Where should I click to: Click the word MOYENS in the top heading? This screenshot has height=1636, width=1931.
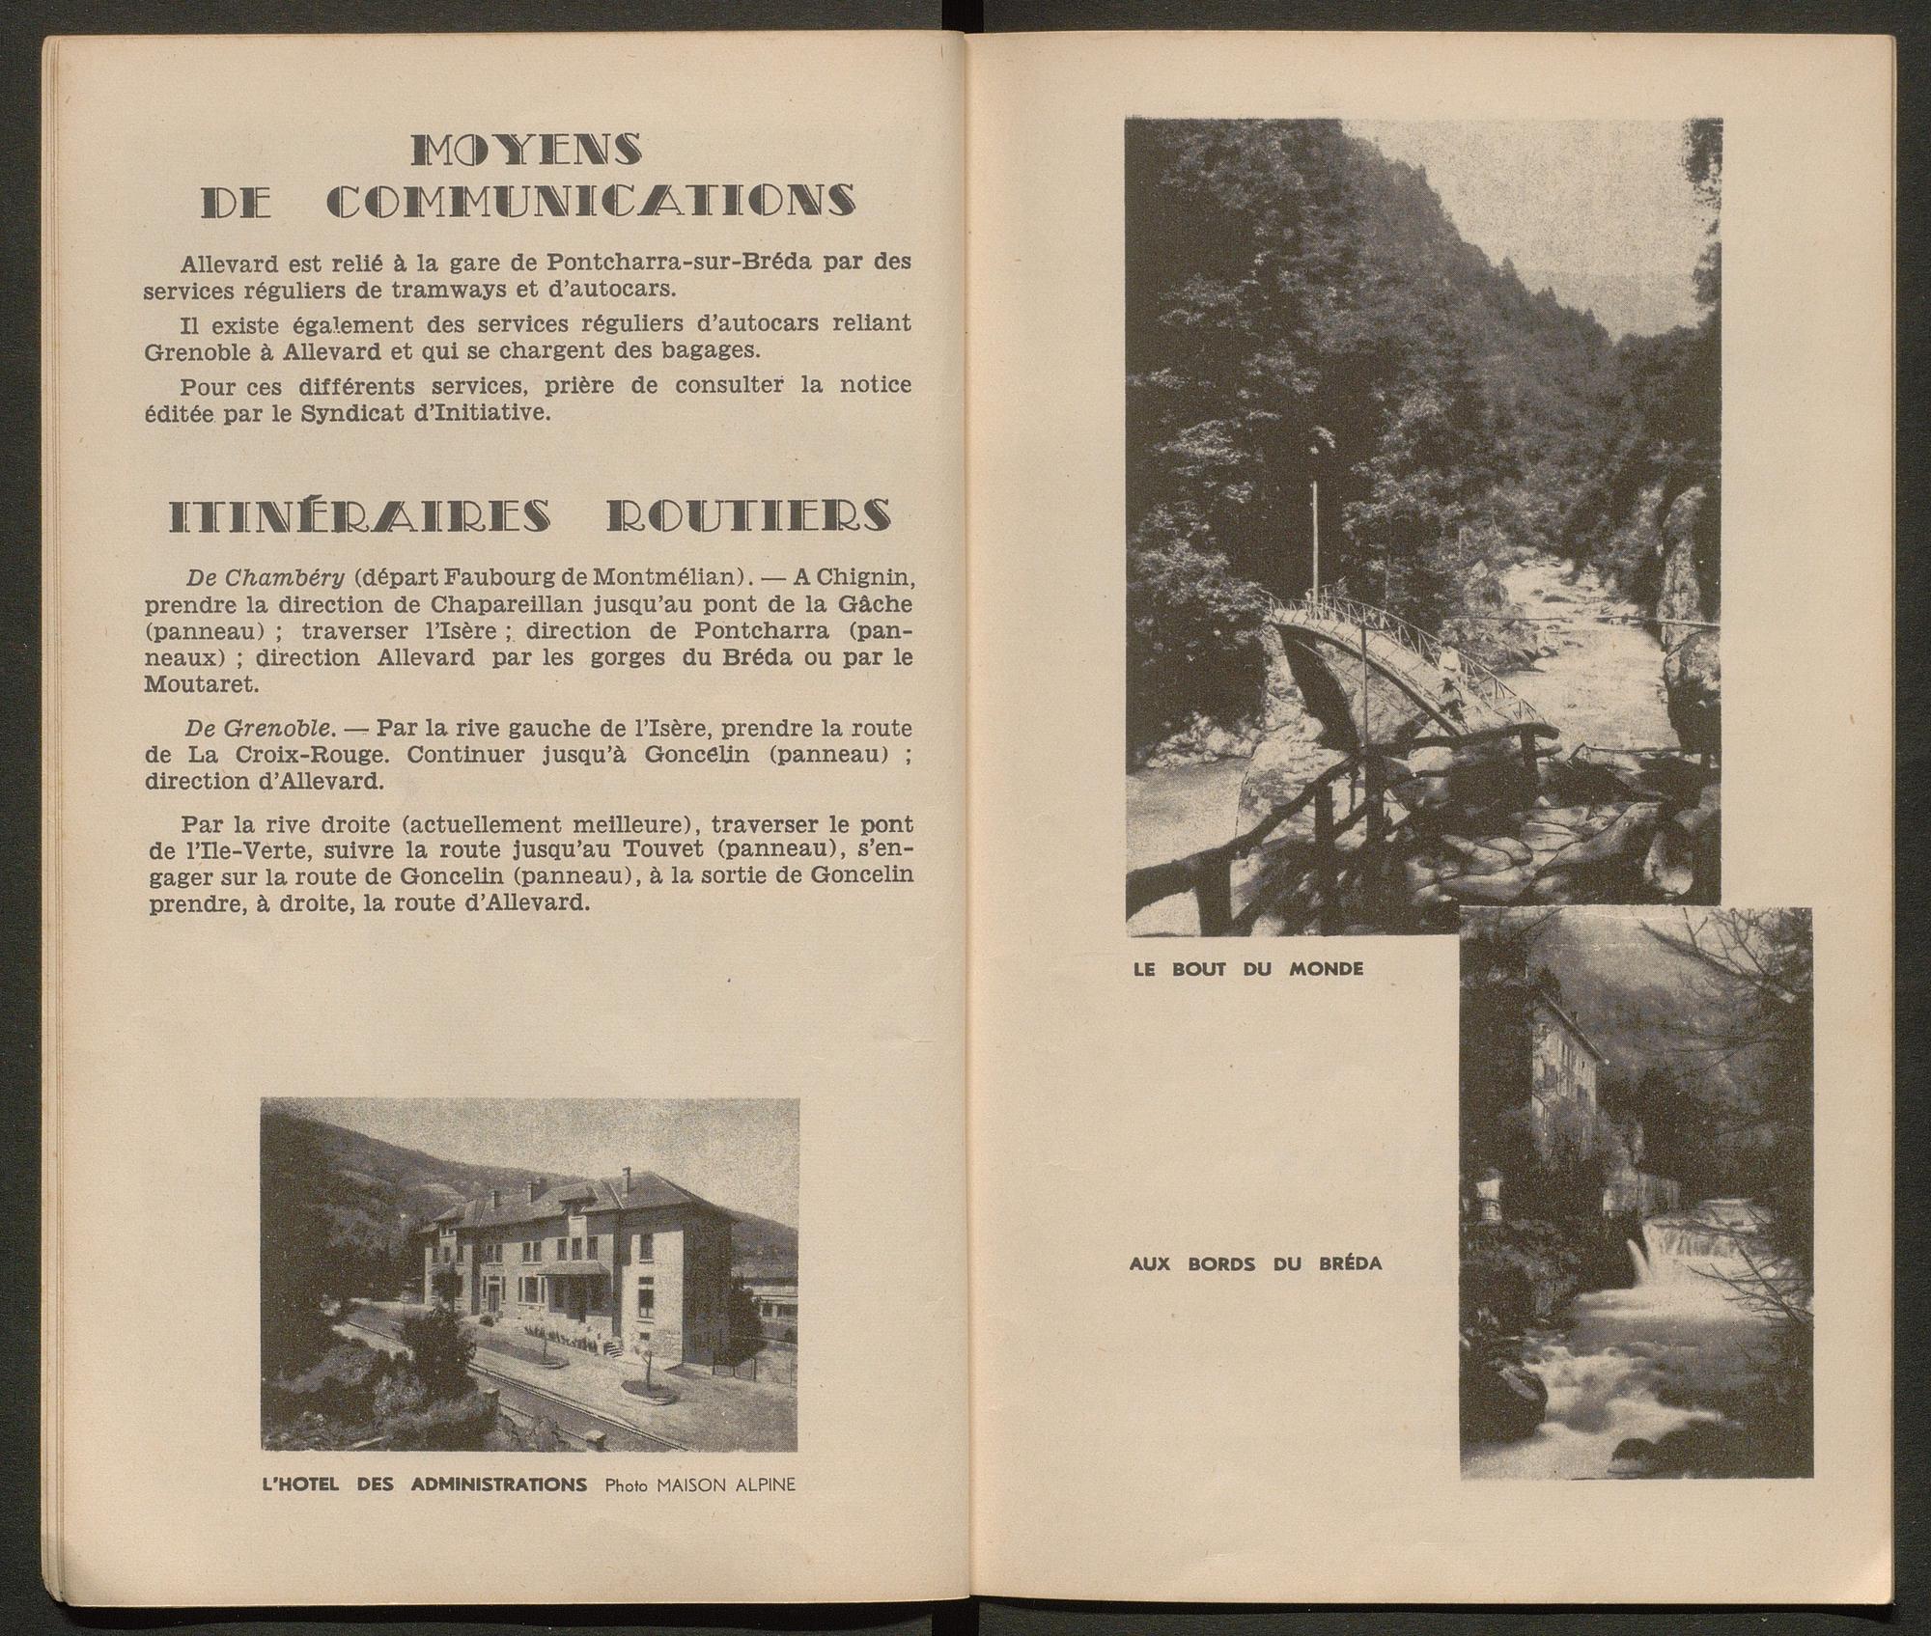[526, 150]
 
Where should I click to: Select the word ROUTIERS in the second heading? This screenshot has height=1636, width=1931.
[748, 517]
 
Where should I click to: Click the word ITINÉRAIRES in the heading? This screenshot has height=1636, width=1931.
[361, 517]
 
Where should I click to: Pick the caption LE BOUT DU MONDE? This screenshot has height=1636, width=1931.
[1248, 969]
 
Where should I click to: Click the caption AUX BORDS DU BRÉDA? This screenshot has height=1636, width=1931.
[1255, 1263]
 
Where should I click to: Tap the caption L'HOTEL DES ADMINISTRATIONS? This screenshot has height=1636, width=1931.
[425, 1511]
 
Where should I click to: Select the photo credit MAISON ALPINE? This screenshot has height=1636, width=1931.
[726, 1511]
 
